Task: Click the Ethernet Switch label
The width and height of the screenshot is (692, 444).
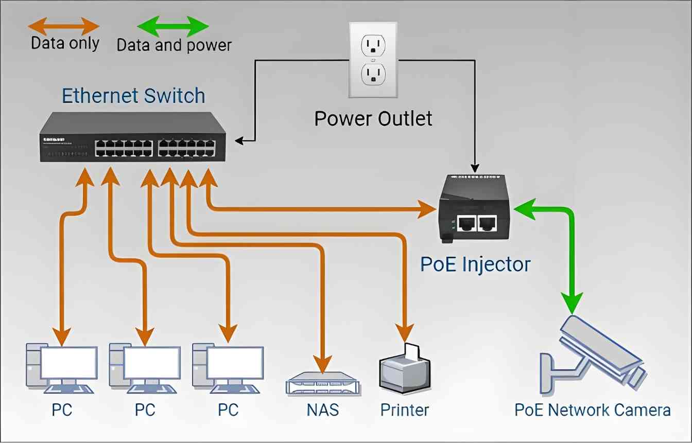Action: pos(133,96)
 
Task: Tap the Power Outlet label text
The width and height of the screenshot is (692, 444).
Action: pos(373,119)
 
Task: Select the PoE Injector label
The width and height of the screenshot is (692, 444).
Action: pos(475,264)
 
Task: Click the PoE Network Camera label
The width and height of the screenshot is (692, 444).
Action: pos(593,410)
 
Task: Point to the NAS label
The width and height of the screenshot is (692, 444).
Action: pos(323,410)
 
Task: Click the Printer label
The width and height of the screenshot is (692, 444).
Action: pos(405,410)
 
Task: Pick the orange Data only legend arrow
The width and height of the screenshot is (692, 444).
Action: pos(63,25)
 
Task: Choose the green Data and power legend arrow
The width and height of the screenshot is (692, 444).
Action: pos(172,26)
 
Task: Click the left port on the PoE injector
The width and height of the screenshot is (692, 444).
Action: pos(466,222)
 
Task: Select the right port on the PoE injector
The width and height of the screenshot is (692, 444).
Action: pos(487,222)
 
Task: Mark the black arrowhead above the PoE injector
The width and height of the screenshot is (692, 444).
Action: pos(474,167)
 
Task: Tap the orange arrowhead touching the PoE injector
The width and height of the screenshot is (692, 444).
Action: pos(427,209)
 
